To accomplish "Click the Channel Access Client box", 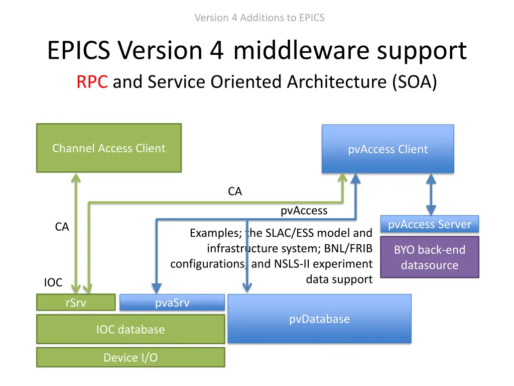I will pos(108,148).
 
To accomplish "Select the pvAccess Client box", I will pos(388,149).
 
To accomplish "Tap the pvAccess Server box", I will pos(430,224).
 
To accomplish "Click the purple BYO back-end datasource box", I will pos(429,257).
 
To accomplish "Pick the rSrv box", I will pos(75,303).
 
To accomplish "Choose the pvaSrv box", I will pos(172,303).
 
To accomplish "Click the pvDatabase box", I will pos(319,319).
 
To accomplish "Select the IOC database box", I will pos(130,330).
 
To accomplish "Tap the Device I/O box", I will pos(130,357).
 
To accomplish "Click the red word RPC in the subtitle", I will pos(92,81).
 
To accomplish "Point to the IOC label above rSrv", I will pos(53,282).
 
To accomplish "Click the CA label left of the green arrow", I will pos(62,227).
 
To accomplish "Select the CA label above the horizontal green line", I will pos(234,191).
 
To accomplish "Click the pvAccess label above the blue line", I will pos(304,211).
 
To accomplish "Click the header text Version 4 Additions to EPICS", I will pos(259,18).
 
